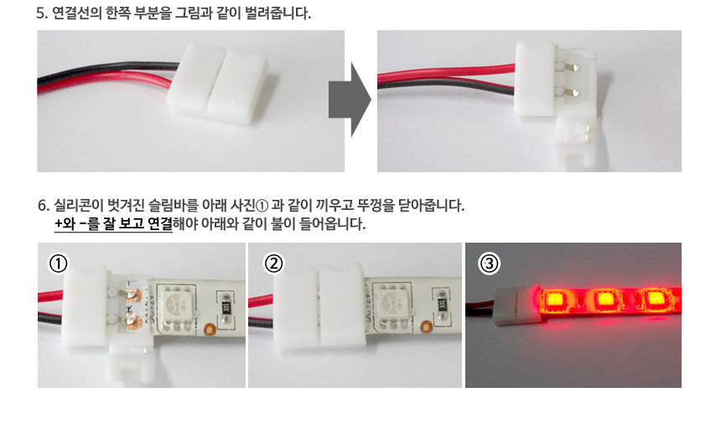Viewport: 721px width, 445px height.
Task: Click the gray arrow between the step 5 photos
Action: pyautogui.click(x=350, y=100)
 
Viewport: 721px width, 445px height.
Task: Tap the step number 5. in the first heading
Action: pyautogui.click(x=42, y=13)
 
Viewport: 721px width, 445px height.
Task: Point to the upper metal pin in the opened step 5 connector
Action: pyautogui.click(x=573, y=67)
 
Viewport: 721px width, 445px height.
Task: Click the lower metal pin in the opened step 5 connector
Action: pyautogui.click(x=572, y=93)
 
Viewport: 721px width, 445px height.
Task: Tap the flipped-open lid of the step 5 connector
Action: pyautogui.click(x=576, y=140)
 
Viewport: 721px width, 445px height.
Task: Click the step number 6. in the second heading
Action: pyautogui.click(x=44, y=206)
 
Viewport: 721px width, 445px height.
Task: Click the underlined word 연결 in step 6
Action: pyautogui.click(x=159, y=224)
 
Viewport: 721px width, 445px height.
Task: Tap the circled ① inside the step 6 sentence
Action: pyautogui.click(x=262, y=206)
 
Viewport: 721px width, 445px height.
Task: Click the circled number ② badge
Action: pyautogui.click(x=273, y=264)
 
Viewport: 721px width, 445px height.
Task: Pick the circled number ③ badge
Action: pyautogui.click(x=489, y=264)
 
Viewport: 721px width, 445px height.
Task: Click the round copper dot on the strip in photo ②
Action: pyautogui.click(x=426, y=327)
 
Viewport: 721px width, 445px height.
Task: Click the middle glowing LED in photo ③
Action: pyautogui.click(x=604, y=301)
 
